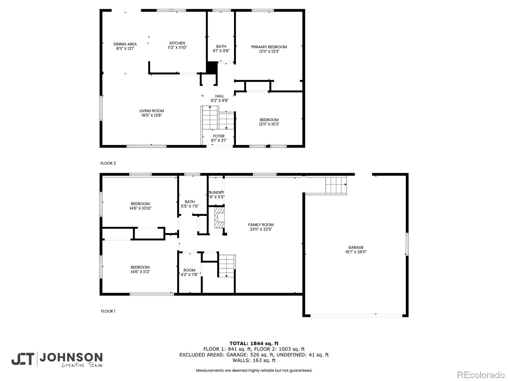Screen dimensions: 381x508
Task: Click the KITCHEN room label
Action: tap(177, 43)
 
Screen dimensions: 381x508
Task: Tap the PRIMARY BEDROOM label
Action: tap(269, 47)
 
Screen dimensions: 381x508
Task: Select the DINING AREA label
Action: tap(125, 44)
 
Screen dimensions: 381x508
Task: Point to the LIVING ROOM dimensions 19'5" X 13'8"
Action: tap(152, 116)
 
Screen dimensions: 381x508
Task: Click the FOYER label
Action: tap(219, 136)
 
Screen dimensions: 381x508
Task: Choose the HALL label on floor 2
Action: tap(219, 96)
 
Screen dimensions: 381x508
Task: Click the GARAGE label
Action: tap(356, 247)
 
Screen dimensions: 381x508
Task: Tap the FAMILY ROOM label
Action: tap(261, 225)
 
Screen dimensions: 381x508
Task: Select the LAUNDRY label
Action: tap(217, 192)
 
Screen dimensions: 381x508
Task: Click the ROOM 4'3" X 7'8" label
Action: tap(189, 272)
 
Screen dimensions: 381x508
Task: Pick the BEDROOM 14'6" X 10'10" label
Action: tap(140, 206)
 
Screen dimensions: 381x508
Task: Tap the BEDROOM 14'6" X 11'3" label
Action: tap(140, 270)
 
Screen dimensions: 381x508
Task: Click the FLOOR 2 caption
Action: tap(108, 163)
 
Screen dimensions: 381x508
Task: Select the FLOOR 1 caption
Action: tap(108, 311)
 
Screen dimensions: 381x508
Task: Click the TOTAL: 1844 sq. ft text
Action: tap(254, 343)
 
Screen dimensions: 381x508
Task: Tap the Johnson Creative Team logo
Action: tap(57, 359)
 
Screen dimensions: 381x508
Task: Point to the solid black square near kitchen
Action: tap(212, 67)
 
